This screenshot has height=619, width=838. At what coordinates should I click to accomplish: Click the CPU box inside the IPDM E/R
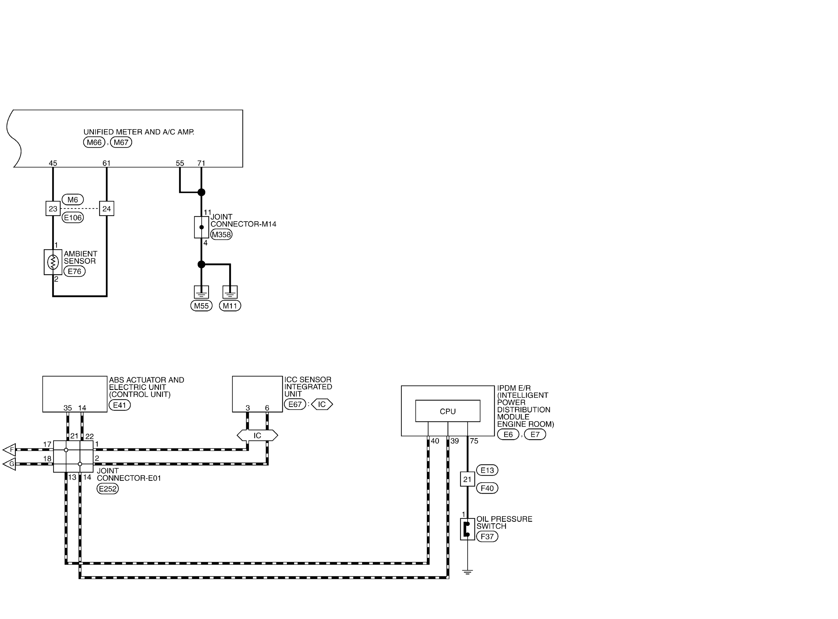coord(448,411)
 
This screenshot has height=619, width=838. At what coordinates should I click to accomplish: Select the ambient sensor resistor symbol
coord(53,262)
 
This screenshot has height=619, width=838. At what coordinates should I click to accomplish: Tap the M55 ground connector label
coord(201,306)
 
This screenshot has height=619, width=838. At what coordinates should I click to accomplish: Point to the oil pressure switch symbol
coord(467,529)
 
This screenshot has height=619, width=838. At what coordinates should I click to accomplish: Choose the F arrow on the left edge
coord(9,450)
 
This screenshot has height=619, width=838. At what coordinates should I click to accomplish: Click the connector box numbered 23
coord(53,209)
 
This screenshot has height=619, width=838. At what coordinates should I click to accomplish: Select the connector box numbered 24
coord(107,209)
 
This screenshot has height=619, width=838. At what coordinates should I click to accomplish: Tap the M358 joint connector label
coord(221,235)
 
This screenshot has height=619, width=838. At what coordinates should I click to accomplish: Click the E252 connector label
coord(108,489)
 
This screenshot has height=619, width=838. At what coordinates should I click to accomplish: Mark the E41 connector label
coord(120,405)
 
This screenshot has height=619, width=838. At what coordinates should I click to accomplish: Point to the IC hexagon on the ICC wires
coord(258,435)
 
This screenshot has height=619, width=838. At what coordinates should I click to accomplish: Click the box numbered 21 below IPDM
coord(467,479)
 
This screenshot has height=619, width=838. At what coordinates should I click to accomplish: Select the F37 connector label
coord(487,536)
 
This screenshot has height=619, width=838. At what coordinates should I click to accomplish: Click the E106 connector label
coord(73,218)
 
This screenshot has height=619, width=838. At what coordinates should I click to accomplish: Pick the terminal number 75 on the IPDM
coord(474,441)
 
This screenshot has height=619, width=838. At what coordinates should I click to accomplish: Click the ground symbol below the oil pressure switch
coord(467,572)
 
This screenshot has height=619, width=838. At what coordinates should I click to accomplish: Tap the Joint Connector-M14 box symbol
coord(201,227)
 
